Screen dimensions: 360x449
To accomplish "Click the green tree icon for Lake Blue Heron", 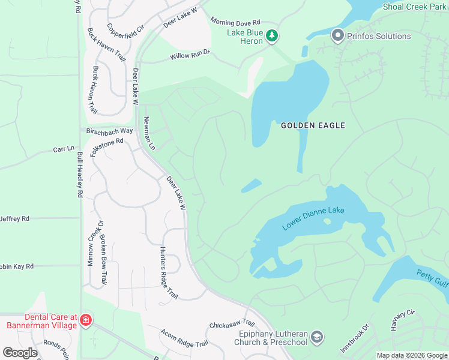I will coord(272,36).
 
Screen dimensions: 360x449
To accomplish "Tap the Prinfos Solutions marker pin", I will coord(337,36).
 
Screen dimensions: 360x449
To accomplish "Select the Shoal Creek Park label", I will coord(415,7).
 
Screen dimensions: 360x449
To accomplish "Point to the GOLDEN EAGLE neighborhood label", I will coord(313,125).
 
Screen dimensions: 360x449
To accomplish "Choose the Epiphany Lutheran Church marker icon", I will coord(317,338).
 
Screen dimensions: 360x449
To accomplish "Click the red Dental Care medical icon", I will coord(86,321).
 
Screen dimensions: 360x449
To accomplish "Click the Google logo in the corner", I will coord(20,353).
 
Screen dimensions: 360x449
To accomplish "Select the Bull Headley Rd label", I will coord(80,175).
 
